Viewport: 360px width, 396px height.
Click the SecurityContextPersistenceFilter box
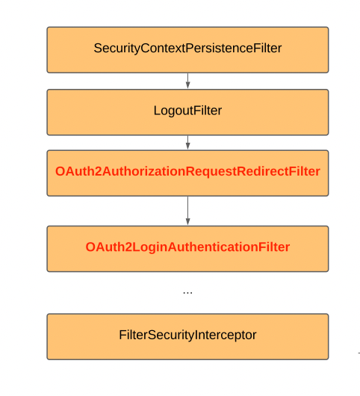[x=187, y=49]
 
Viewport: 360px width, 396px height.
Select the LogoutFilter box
[x=187, y=111]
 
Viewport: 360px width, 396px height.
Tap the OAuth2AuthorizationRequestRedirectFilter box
[x=187, y=173]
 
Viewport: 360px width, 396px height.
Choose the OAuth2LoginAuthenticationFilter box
[x=187, y=248]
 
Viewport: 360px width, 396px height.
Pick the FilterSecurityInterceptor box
[x=187, y=335]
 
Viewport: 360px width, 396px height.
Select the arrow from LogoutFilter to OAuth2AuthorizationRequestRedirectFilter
[x=187, y=142]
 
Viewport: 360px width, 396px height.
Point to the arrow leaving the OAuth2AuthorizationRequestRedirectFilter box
[x=187, y=210]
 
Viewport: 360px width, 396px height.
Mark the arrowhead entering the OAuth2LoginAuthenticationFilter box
[x=187, y=222]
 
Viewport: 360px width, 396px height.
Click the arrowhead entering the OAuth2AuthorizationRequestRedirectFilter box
[x=187, y=146]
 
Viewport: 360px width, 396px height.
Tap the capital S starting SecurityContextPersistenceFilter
[x=98, y=49]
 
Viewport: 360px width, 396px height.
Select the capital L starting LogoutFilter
[x=157, y=111]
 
